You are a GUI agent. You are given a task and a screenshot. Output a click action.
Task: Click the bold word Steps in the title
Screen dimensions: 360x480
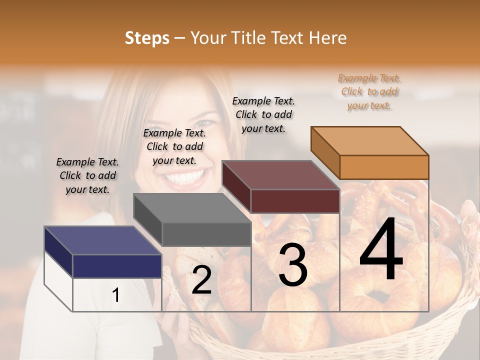[x=147, y=38]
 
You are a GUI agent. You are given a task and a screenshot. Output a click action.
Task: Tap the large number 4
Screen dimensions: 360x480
[x=381, y=249]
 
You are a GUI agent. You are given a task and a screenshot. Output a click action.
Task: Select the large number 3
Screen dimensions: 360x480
[x=293, y=265]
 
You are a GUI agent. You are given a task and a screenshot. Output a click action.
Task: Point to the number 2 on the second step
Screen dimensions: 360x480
[x=201, y=280]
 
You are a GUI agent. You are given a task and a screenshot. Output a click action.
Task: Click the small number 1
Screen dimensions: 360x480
[x=116, y=295]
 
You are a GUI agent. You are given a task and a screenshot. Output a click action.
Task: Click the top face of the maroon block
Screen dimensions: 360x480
[x=280, y=175]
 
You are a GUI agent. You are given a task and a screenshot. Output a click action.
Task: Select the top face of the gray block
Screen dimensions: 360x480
[x=192, y=208]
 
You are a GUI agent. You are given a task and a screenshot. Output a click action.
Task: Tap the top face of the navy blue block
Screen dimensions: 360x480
[x=102, y=240]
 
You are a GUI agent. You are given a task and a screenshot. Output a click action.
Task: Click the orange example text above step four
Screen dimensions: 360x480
[x=369, y=91]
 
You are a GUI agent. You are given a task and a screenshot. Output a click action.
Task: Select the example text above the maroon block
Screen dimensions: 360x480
[x=263, y=114]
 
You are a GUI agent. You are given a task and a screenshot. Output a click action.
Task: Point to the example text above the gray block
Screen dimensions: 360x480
[x=174, y=146]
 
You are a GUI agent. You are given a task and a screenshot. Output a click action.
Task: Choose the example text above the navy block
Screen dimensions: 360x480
[x=87, y=175]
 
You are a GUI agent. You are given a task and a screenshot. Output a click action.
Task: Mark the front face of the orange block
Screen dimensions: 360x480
[x=384, y=167]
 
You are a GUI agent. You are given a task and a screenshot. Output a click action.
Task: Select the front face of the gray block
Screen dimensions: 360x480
[x=206, y=234]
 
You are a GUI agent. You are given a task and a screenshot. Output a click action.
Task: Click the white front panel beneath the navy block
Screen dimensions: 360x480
[x=117, y=295]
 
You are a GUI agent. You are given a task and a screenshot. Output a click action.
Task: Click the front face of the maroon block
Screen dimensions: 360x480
[x=295, y=201]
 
